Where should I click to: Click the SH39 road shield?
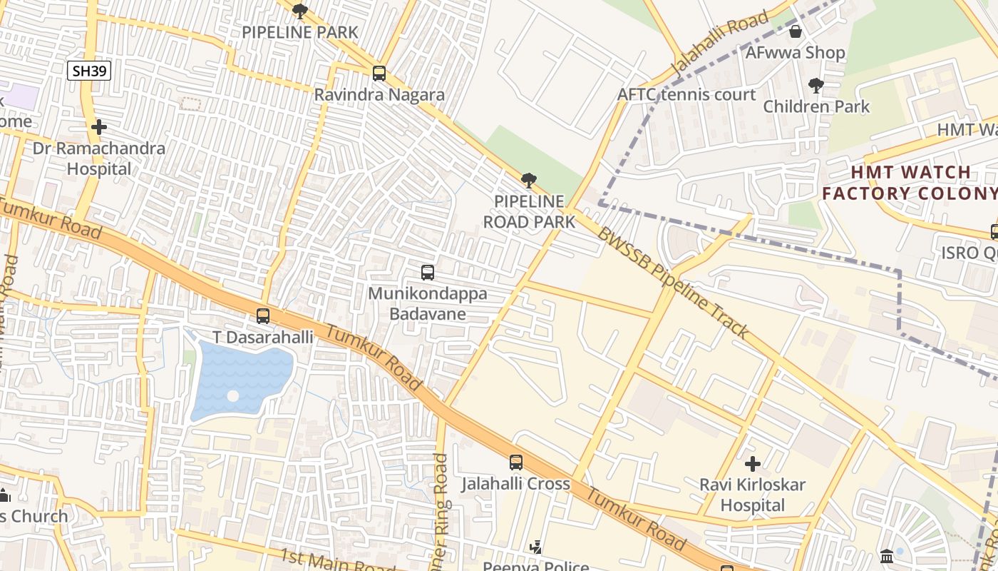(89, 70)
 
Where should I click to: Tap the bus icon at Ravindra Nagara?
(379, 74)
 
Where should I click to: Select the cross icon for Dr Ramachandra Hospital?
(99, 128)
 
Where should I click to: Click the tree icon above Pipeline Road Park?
(528, 181)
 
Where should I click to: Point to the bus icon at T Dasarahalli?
(263, 316)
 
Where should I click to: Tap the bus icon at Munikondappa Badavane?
(428, 273)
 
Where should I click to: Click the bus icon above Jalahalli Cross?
(516, 463)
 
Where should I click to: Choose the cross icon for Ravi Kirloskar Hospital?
(752, 464)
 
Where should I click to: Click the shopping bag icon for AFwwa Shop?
(796, 32)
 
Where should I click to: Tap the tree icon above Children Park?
(816, 86)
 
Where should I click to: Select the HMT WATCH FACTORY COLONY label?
(909, 183)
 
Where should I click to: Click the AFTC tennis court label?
(686, 95)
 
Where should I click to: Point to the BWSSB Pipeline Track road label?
(673, 283)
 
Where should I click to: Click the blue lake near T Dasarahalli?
(242, 378)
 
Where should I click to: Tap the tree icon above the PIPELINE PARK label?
(300, 11)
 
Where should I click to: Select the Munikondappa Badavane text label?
(428, 303)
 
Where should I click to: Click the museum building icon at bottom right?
(887, 556)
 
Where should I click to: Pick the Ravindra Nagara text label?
(379, 95)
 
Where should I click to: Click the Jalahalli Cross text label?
(515, 484)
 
